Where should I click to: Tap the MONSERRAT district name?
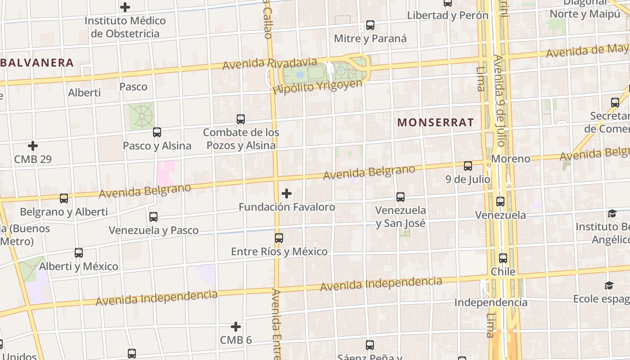click(x=436, y=122)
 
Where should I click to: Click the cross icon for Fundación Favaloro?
click(x=287, y=194)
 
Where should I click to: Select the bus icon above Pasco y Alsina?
click(x=157, y=132)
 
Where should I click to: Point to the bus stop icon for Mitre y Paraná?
click(x=370, y=25)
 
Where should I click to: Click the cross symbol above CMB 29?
click(x=33, y=146)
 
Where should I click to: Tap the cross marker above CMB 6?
click(x=236, y=327)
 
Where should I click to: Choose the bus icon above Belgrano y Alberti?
click(x=64, y=198)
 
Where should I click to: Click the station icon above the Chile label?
click(x=503, y=258)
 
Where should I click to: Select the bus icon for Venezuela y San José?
click(x=400, y=197)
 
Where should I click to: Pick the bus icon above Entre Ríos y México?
click(x=279, y=238)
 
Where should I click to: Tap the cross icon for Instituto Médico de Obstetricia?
click(x=125, y=7)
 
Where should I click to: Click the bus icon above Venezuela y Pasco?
click(x=153, y=217)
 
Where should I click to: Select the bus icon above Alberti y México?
click(x=79, y=253)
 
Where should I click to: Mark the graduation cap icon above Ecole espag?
click(x=609, y=285)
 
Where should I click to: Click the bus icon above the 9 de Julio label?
click(x=468, y=166)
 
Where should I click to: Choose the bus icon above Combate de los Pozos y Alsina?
click(x=241, y=119)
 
